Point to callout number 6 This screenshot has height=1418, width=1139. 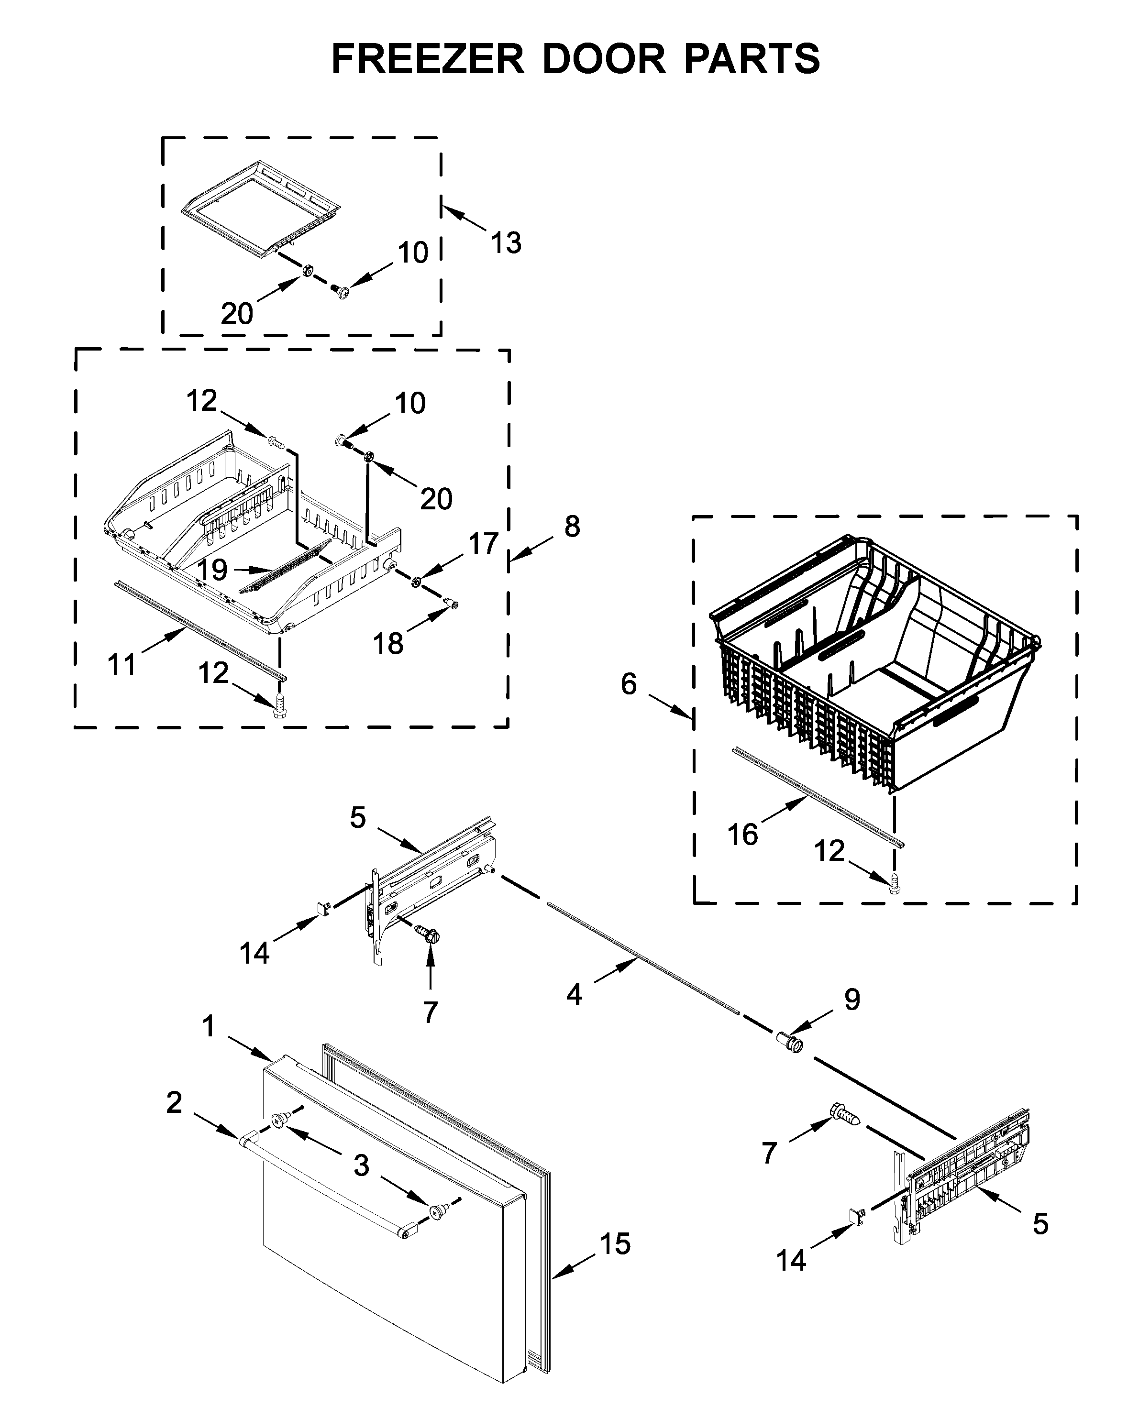[x=629, y=685]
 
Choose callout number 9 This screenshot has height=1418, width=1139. [x=851, y=1000]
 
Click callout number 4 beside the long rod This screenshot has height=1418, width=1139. [x=574, y=994]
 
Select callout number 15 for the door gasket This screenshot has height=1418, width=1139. [x=615, y=1244]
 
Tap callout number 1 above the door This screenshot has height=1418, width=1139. [x=209, y=1026]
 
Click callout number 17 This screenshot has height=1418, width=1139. [x=483, y=544]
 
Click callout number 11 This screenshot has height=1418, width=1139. [x=122, y=664]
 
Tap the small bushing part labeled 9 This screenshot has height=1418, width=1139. [x=790, y=1043]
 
